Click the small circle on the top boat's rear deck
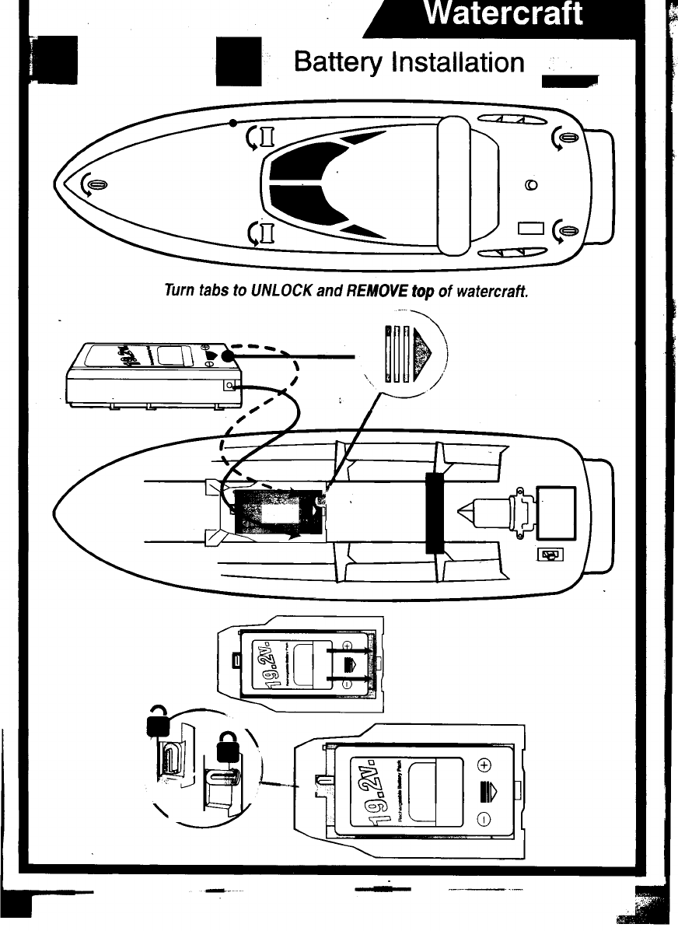tap(531, 185)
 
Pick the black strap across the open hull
tap(434, 513)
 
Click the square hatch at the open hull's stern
tap(556, 513)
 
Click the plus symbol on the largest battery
tap(483, 765)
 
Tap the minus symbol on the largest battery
tap(483, 818)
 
